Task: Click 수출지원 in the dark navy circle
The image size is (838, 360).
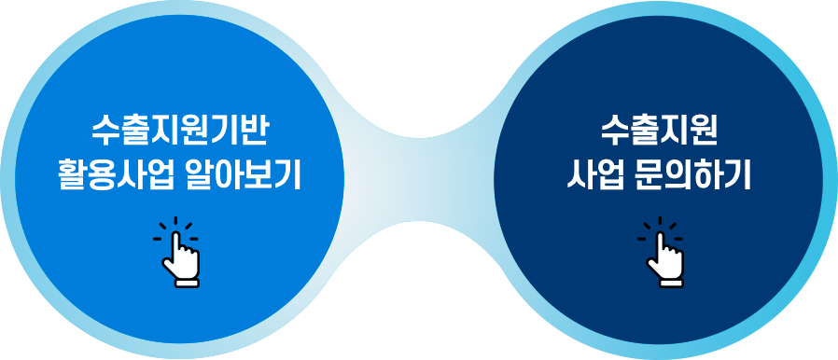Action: pos(658,130)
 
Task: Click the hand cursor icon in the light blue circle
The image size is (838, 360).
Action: pos(178,249)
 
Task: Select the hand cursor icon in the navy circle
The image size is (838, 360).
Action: pos(661,249)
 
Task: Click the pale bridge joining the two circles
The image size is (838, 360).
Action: pos(419,180)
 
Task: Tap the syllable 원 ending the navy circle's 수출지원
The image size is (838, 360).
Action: pos(704,130)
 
